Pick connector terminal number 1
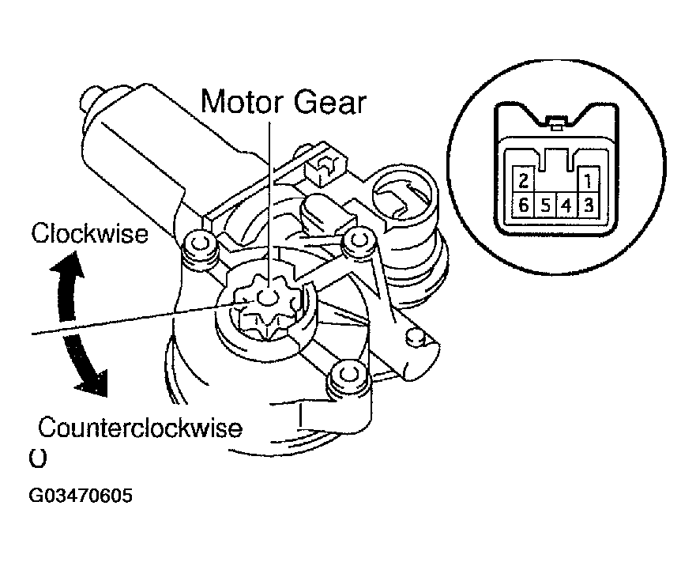pos(588,179)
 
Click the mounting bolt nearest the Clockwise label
pos(197,243)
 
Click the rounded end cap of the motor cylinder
pos(91,100)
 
